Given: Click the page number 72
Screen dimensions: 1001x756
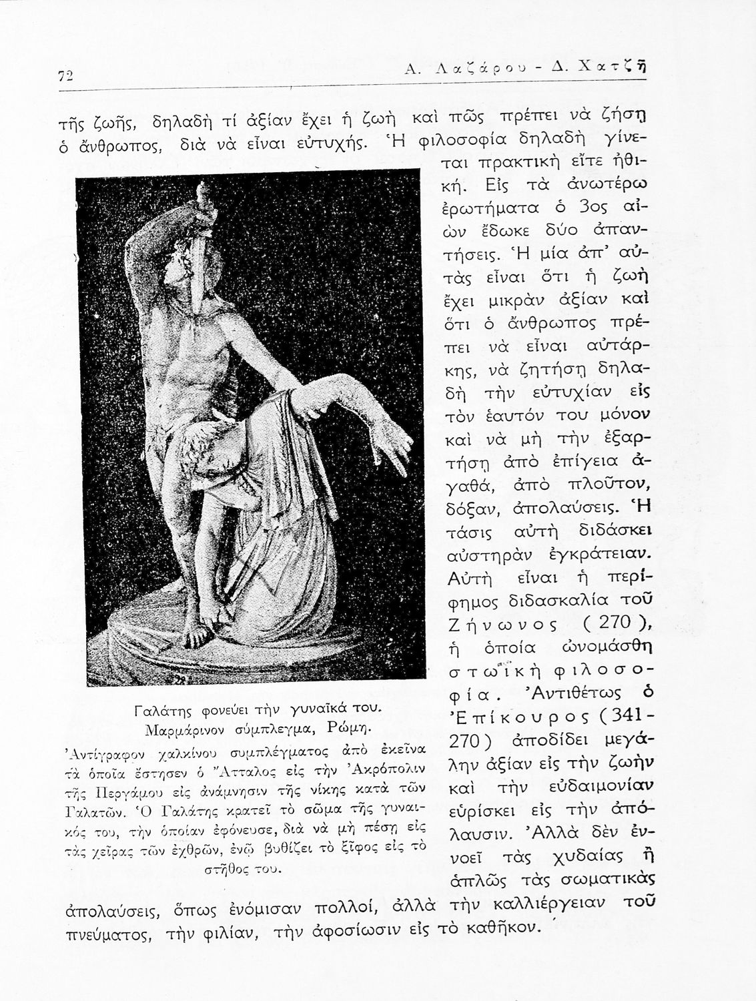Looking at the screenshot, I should [64, 75].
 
